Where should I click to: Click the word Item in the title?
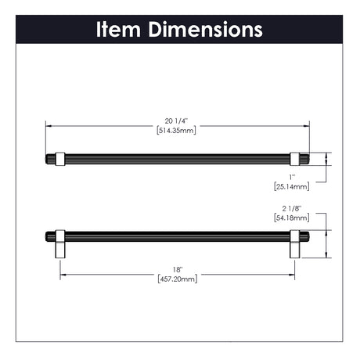[x=118, y=29]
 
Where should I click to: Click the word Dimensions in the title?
[x=206, y=29]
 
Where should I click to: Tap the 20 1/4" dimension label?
[x=176, y=121]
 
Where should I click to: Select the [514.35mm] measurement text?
[x=176, y=130]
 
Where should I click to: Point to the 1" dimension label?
[x=292, y=178]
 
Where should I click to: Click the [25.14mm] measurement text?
[x=292, y=186]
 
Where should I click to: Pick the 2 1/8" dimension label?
[x=292, y=208]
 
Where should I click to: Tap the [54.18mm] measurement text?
[x=292, y=218]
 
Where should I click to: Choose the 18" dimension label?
[x=178, y=270]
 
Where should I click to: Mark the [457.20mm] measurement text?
[x=178, y=279]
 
